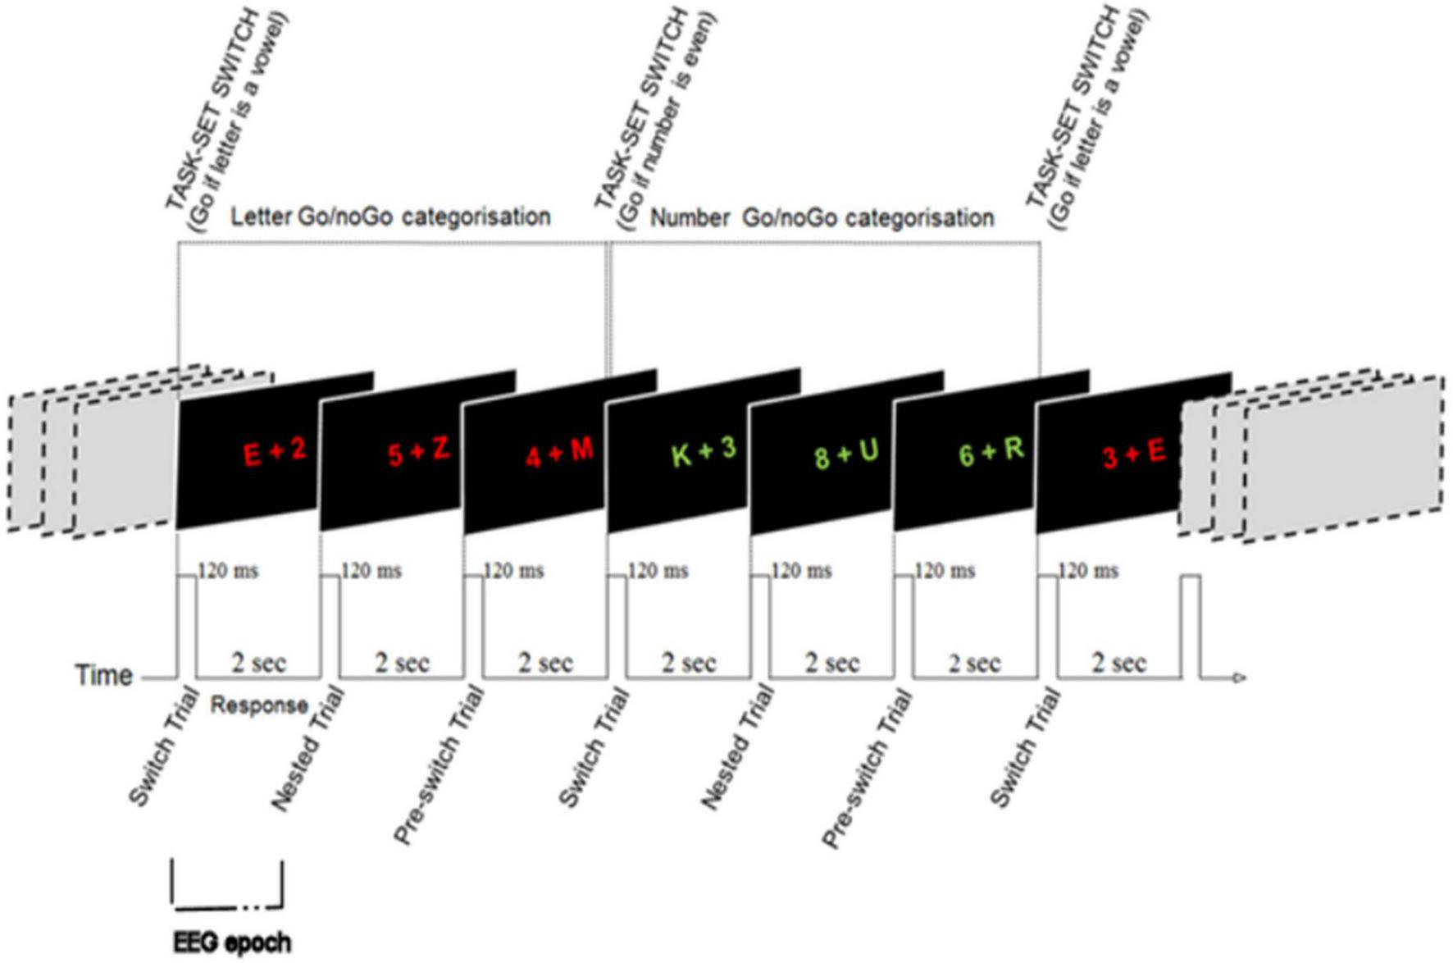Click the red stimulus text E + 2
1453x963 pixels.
[x=275, y=452]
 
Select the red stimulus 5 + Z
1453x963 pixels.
[x=418, y=452]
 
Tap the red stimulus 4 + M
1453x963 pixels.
[x=560, y=452]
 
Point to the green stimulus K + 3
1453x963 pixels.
[x=704, y=452]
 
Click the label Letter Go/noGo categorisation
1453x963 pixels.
[x=389, y=217]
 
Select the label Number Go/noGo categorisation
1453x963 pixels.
[x=822, y=218]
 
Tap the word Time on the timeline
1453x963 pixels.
[x=104, y=676]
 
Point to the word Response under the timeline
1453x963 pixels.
[x=259, y=705]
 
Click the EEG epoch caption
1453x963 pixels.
[x=232, y=943]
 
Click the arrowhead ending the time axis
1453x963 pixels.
[x=1239, y=678]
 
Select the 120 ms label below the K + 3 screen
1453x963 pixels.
[x=658, y=571]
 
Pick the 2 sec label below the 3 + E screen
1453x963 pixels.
[x=1118, y=663]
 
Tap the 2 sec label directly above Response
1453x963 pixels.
[x=259, y=663]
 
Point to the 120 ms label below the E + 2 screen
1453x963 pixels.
[x=229, y=571]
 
